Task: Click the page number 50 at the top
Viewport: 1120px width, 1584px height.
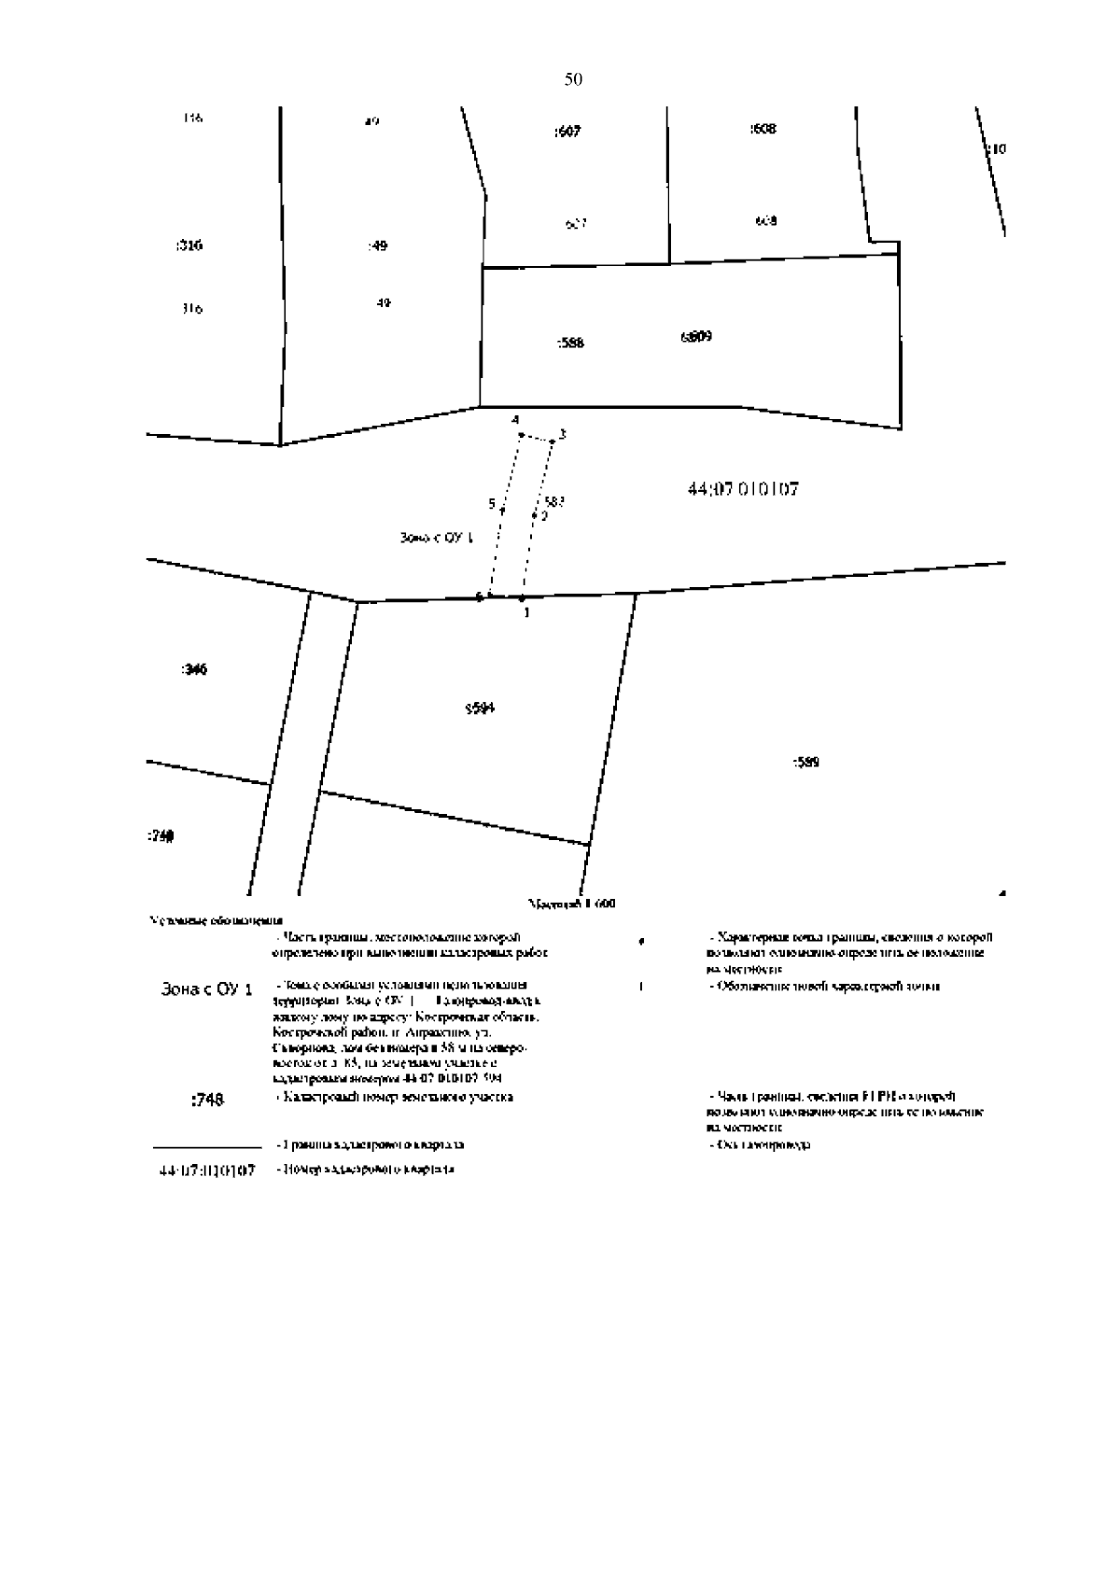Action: [573, 80]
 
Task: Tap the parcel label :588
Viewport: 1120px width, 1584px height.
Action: [570, 343]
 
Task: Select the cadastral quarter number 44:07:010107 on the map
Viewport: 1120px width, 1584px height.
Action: [743, 489]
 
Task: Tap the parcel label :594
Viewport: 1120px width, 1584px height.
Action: [480, 708]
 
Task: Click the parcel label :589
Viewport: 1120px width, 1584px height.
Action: [806, 763]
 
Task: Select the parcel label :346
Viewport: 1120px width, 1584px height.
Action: [193, 669]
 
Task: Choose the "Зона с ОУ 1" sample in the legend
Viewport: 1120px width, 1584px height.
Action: [207, 989]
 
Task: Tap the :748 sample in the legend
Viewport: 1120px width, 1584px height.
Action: [207, 1100]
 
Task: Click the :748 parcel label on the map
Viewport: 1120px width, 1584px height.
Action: [161, 836]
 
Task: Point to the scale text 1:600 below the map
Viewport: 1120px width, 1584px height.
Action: [572, 904]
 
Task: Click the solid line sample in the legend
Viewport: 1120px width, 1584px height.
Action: [206, 1146]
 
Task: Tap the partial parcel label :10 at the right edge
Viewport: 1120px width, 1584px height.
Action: [997, 148]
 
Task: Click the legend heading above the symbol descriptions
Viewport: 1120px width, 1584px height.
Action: [217, 920]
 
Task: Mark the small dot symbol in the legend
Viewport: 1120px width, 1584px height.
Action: [641, 942]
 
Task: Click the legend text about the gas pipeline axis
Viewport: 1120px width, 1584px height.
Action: [760, 1144]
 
